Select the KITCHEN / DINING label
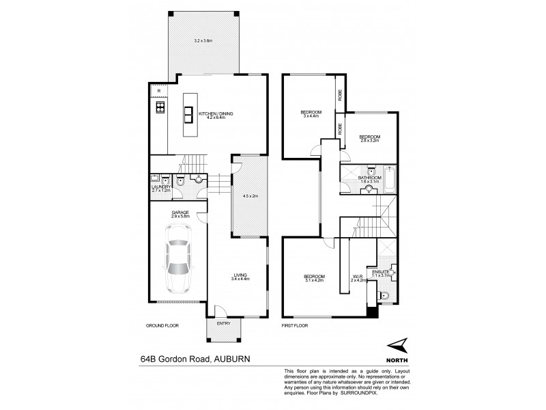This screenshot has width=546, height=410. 216,113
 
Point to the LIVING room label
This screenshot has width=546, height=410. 239,275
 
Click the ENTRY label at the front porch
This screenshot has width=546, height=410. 223,323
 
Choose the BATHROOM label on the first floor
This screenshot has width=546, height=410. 369,178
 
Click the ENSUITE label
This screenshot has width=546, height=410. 381,272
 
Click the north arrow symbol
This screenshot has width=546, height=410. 396,346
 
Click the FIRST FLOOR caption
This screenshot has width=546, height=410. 295,326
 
